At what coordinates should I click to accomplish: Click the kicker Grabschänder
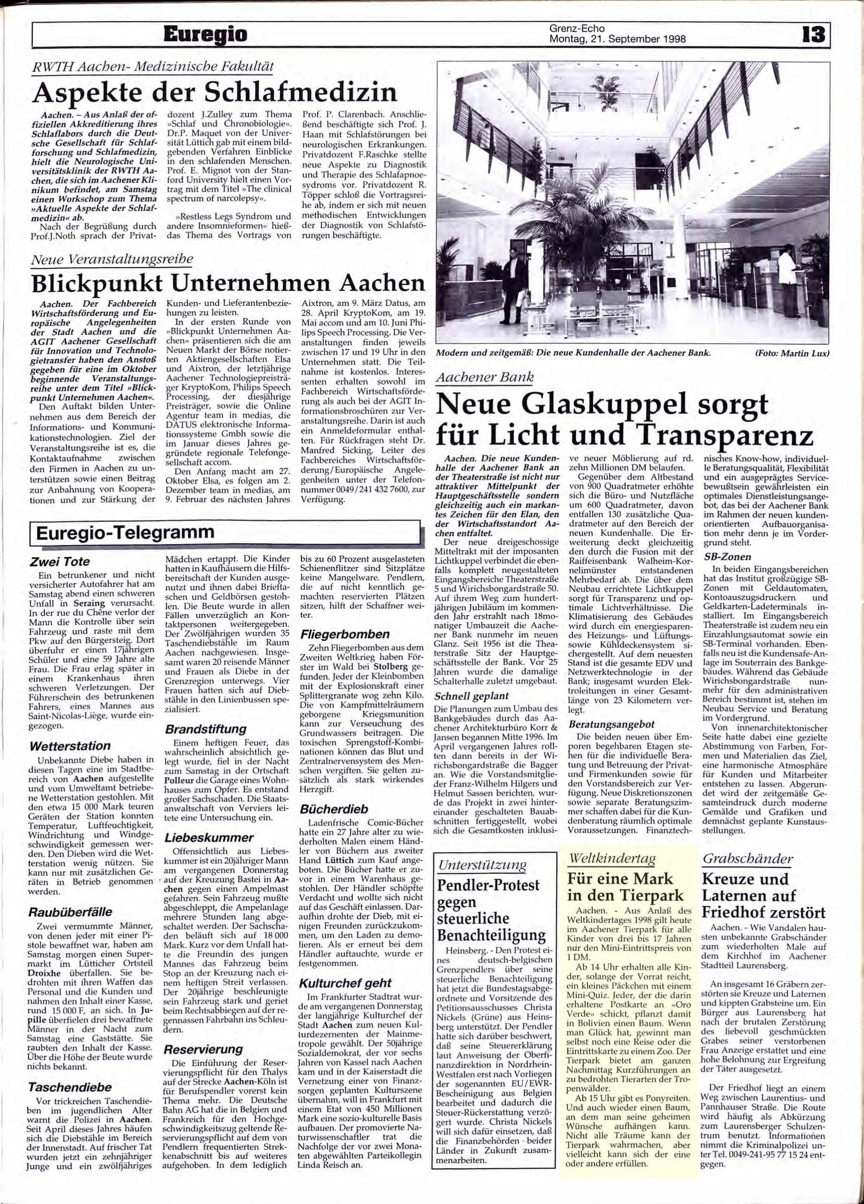740,858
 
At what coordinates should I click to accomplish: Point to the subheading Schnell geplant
472,696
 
